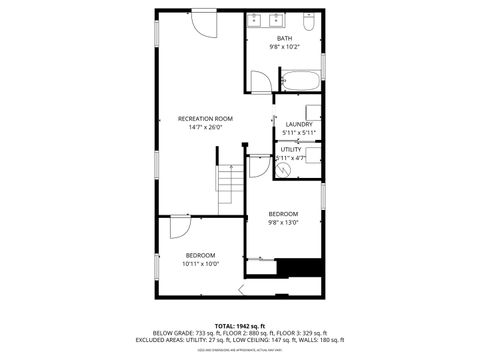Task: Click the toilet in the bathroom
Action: point(309,20)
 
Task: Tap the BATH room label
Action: point(285,38)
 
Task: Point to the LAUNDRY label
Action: point(300,125)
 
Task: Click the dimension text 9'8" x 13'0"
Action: point(283,222)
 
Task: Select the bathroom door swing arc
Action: point(258,84)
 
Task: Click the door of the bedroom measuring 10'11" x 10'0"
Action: point(179,226)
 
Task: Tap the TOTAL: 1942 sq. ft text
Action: point(239,325)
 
